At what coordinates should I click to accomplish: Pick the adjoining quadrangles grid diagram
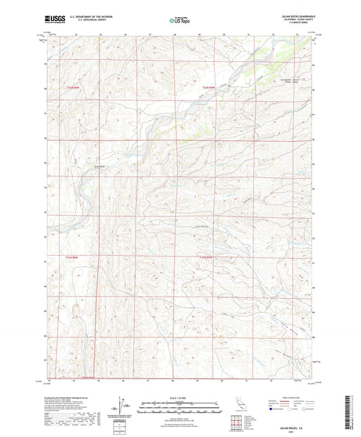coord(238,425)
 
